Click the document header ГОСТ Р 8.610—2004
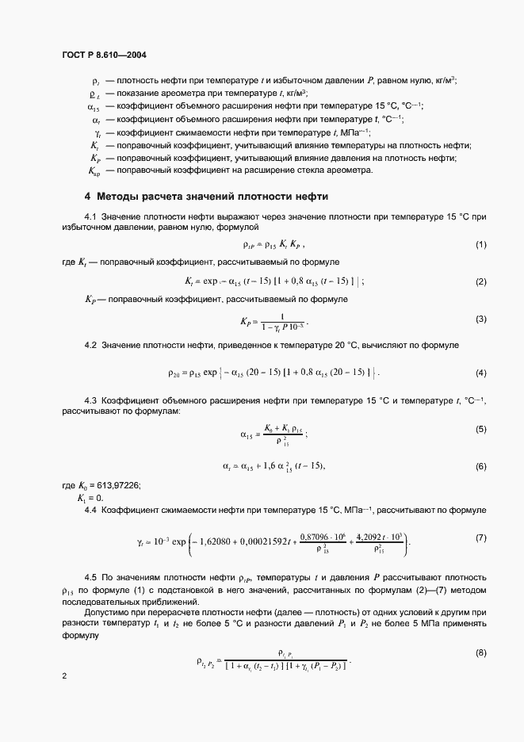click(x=104, y=55)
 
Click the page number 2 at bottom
click(x=64, y=675)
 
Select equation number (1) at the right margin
click(x=481, y=245)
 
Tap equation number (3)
click(x=481, y=319)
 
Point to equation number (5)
click(x=481, y=429)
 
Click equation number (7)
click(x=481, y=538)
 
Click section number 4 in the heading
click(x=88, y=196)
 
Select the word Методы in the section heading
click(x=119, y=196)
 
